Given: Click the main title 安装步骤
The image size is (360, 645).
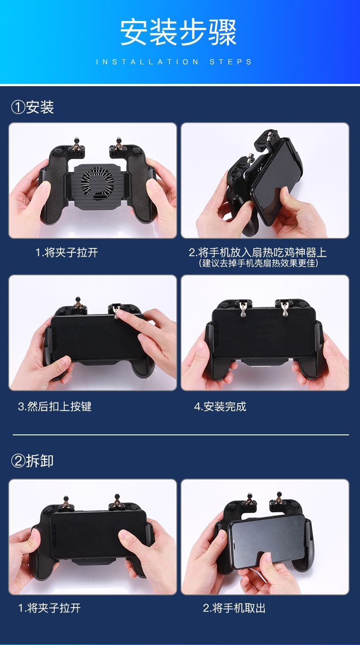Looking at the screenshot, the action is (179, 32).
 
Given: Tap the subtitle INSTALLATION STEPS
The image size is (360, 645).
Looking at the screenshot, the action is (174, 62).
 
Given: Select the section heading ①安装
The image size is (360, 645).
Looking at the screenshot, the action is (32, 107).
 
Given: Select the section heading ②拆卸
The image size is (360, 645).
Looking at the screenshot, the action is (32, 461).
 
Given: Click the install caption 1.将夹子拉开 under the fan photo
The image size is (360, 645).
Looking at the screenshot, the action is (67, 253).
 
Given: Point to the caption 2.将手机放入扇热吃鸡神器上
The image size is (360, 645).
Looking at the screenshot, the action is (258, 253).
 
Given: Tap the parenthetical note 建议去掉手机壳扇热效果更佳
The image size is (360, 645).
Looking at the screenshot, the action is (258, 263).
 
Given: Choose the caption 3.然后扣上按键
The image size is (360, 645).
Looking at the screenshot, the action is (55, 407).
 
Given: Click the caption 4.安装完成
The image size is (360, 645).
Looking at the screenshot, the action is (220, 407).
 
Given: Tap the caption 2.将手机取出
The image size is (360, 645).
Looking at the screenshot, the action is (234, 608).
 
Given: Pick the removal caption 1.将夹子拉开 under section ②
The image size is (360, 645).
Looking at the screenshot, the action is (50, 608).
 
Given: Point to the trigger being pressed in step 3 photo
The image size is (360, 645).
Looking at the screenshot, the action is (116, 312).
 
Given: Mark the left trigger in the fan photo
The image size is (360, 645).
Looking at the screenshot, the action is (76, 145).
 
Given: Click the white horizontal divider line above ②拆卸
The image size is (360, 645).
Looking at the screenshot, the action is (181, 435).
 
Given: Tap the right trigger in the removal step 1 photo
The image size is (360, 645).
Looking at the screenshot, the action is (117, 502).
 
